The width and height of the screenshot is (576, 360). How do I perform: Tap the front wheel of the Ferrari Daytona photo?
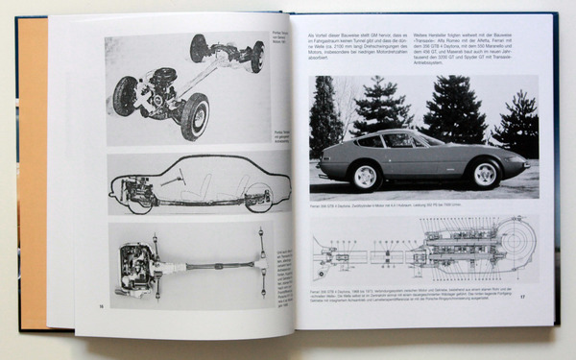click(484, 174)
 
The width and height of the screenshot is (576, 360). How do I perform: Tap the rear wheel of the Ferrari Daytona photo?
click(365, 176)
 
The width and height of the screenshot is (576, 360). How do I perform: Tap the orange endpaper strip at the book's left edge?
click(32, 173)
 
